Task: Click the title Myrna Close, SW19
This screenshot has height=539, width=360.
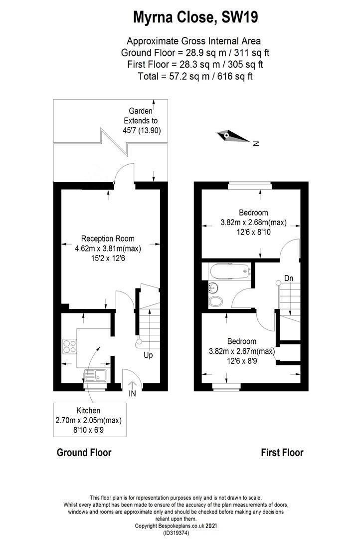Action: [195, 17]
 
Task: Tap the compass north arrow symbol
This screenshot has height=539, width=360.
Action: [233, 136]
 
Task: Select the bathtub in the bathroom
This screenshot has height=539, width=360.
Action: [228, 271]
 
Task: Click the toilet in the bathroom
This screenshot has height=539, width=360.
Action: [215, 301]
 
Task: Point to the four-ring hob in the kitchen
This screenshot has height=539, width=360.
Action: [69, 346]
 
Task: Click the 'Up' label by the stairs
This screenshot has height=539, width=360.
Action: [148, 355]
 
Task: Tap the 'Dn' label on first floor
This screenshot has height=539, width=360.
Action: [289, 278]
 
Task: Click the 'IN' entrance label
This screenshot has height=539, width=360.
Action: [132, 394]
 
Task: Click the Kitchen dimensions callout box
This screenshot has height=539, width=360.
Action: [89, 420]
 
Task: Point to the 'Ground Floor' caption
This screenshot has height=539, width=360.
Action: [84, 452]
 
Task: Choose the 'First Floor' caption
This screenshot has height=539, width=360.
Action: [282, 452]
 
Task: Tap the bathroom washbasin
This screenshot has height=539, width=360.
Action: [213, 287]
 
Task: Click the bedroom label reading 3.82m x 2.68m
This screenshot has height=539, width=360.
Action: [253, 222]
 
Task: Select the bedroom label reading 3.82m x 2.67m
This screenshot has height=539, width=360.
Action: [242, 351]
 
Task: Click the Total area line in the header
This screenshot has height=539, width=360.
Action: [195, 76]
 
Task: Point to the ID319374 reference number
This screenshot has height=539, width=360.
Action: [176, 533]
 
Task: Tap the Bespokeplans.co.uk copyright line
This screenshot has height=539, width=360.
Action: [176, 526]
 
